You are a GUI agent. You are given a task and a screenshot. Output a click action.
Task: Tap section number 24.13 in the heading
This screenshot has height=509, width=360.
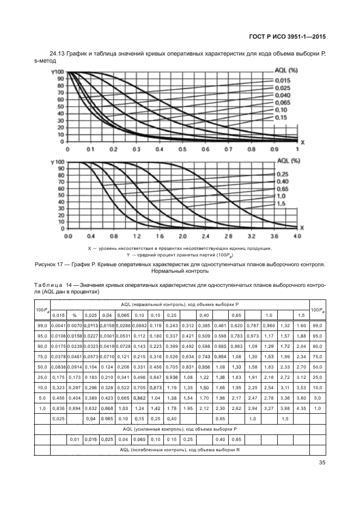(57, 53)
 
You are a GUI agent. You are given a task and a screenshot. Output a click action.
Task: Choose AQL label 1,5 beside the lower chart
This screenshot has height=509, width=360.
(280, 203)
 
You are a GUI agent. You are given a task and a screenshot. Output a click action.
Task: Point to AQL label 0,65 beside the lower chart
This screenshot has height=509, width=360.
(282, 188)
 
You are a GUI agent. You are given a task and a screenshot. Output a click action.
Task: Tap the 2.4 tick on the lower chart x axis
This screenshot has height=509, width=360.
(206, 237)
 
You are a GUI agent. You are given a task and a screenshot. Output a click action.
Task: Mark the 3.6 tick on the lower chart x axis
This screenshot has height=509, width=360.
(274, 237)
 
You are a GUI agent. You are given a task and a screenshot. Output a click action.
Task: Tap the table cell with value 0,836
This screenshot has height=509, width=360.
(58, 408)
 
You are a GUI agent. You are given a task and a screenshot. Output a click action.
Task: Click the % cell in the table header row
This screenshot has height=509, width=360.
(74, 315)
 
